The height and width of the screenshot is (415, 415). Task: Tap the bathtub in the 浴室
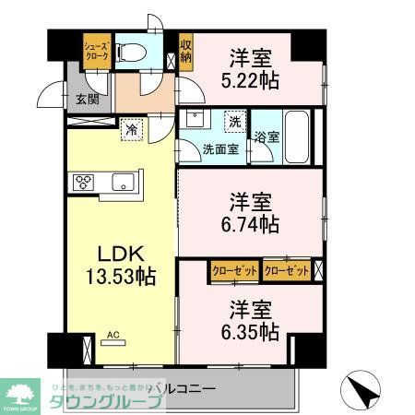pos(295,123)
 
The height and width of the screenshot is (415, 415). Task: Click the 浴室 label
pos(267,135)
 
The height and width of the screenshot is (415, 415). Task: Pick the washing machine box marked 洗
pos(234,121)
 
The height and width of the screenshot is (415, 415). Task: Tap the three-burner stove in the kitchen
pos(82,181)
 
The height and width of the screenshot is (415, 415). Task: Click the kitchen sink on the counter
pos(125,182)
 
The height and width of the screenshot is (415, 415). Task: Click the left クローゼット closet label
pos(233,270)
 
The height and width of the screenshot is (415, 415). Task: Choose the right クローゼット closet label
pos(285,270)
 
